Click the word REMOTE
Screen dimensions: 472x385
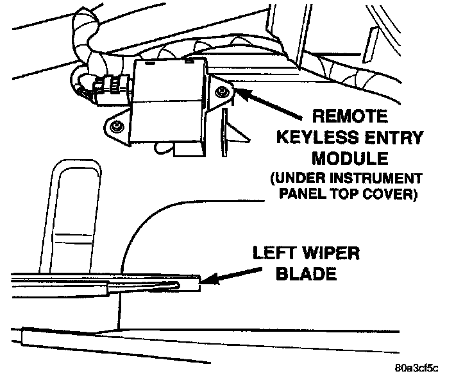point(350,116)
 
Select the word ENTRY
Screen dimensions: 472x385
point(394,137)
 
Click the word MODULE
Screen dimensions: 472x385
point(350,158)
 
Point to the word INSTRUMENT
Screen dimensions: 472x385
point(376,178)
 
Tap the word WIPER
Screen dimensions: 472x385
point(332,253)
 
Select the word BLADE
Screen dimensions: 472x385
point(306,273)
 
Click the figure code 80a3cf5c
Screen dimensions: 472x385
point(417,368)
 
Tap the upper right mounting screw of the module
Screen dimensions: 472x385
point(222,91)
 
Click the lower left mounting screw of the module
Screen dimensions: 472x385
point(116,126)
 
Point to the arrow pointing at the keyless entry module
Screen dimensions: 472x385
point(268,103)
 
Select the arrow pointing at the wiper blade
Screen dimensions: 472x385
point(231,276)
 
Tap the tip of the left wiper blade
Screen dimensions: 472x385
point(200,283)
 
